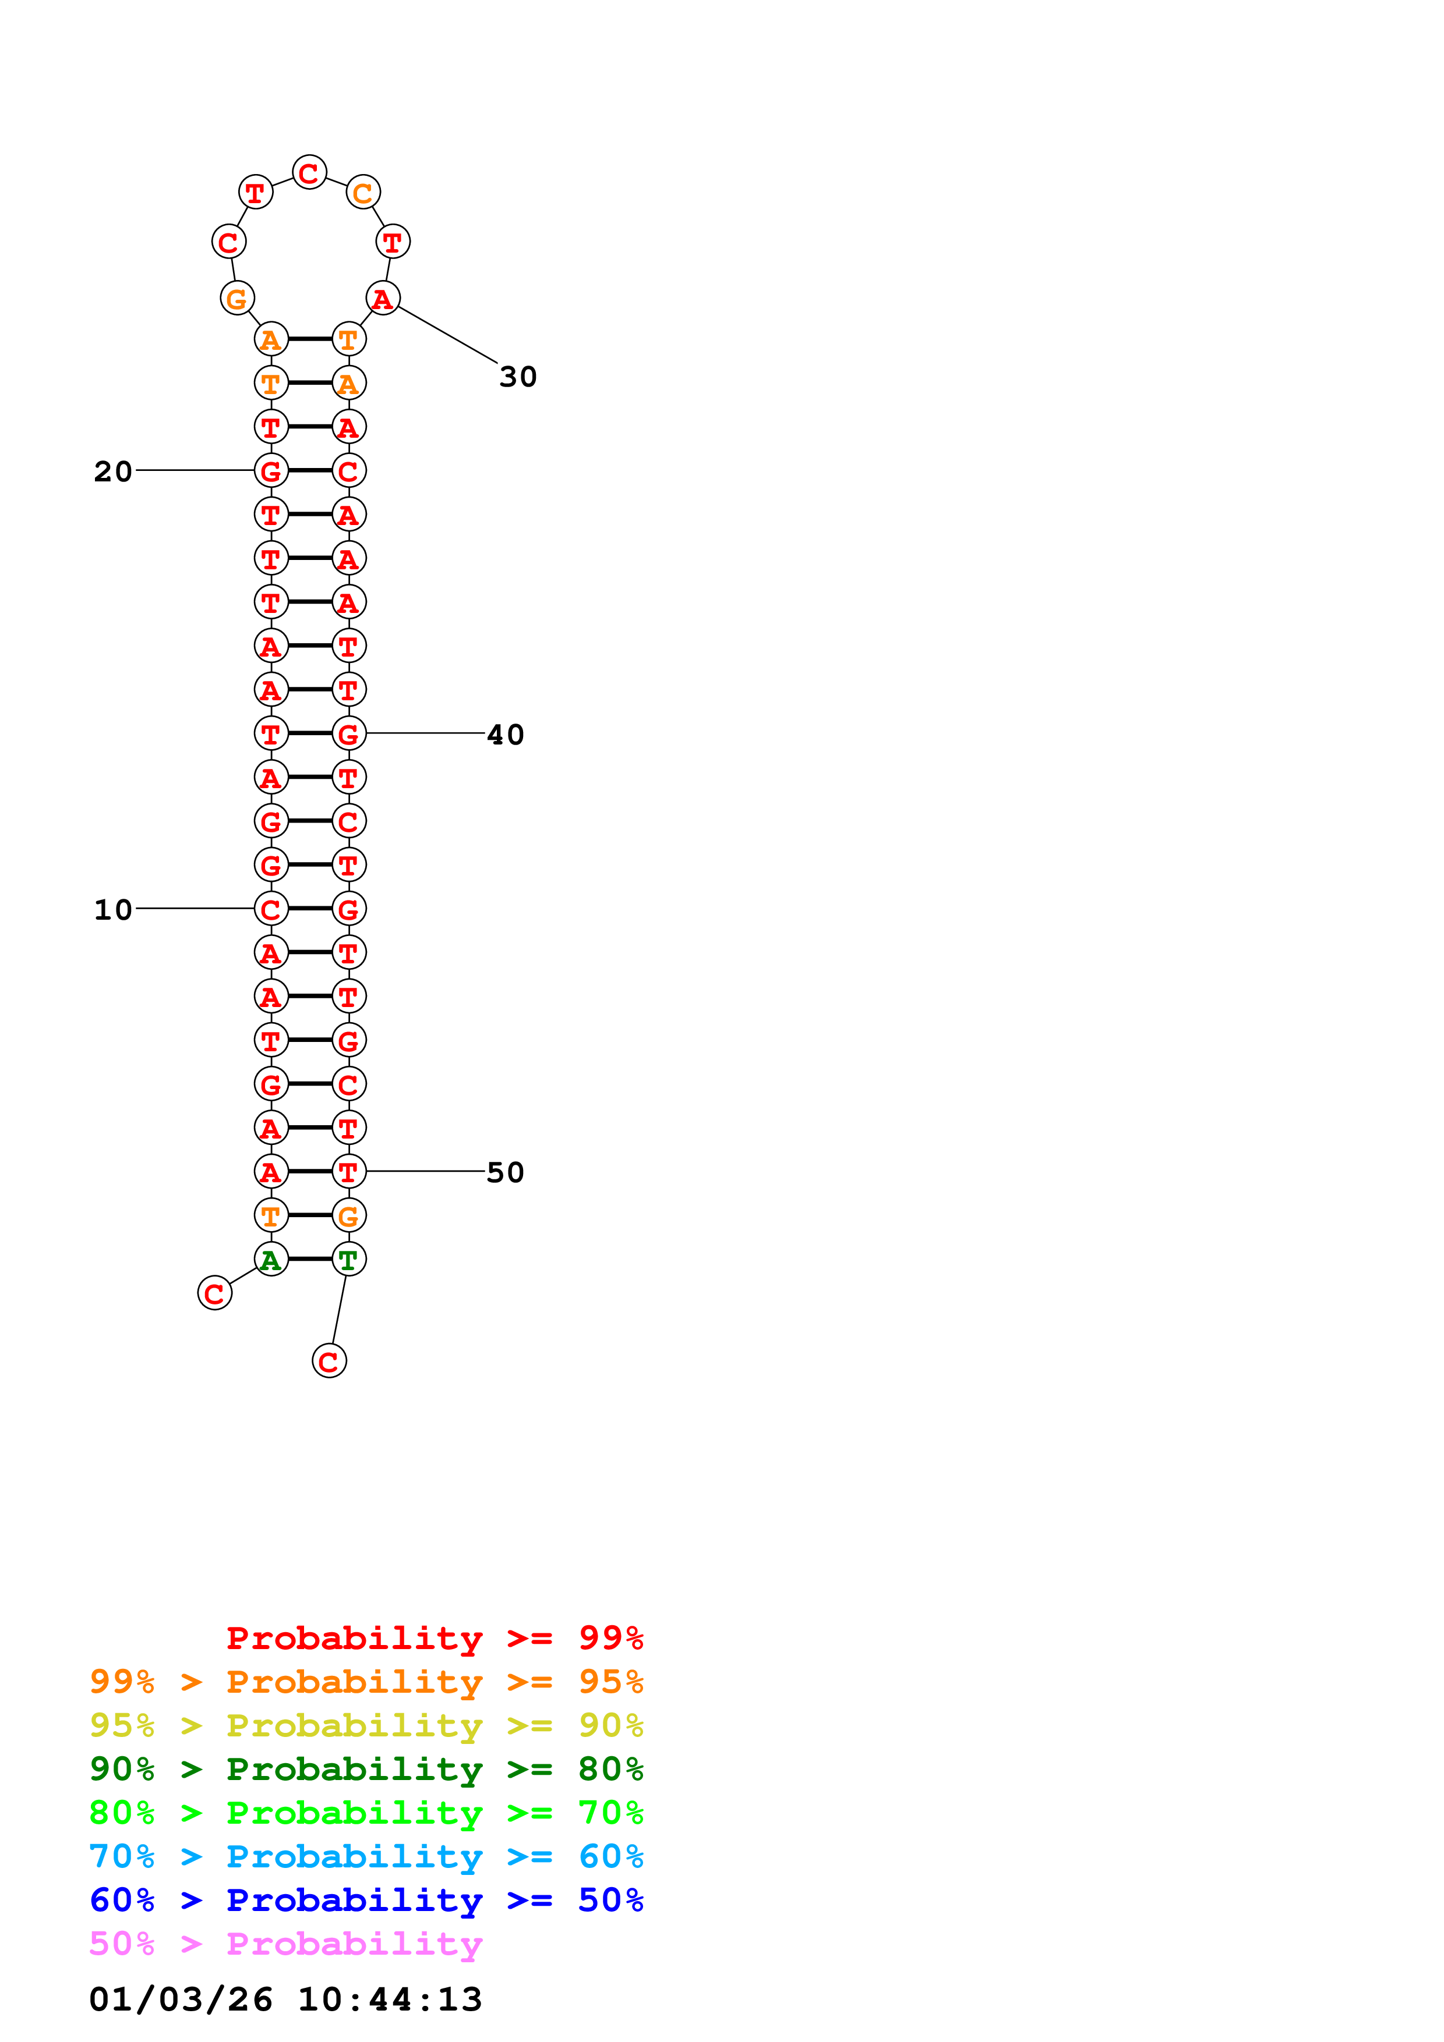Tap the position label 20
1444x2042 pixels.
[113, 471]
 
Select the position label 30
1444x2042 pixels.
[518, 377]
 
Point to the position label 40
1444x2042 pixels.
[506, 735]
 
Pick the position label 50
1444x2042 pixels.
[506, 1172]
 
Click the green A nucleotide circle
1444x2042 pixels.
[271, 1259]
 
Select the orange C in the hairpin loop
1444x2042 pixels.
[363, 192]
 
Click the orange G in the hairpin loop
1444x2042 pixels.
[236, 298]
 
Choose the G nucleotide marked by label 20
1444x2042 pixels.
[271, 470]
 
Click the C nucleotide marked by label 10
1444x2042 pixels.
[271, 909]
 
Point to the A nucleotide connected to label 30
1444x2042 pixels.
[383, 299]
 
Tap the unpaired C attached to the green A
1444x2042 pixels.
[214, 1293]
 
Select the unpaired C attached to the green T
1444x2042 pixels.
[329, 1361]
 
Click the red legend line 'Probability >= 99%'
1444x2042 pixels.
[434, 1637]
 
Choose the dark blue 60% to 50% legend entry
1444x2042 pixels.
[366, 1900]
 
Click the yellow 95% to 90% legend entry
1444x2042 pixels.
[366, 1725]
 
